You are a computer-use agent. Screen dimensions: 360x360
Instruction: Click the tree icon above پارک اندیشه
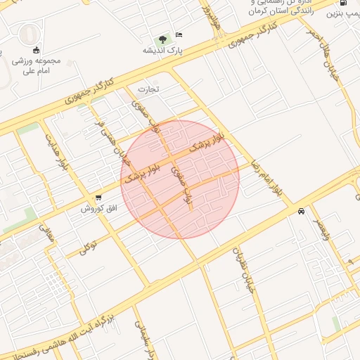(x=162, y=38)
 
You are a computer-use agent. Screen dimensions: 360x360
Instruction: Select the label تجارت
(x=148, y=89)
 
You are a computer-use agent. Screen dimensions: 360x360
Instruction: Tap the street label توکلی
(x=86, y=246)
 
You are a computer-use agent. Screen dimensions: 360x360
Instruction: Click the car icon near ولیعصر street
(x=301, y=211)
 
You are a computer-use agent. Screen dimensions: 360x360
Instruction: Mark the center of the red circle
(x=180, y=179)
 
